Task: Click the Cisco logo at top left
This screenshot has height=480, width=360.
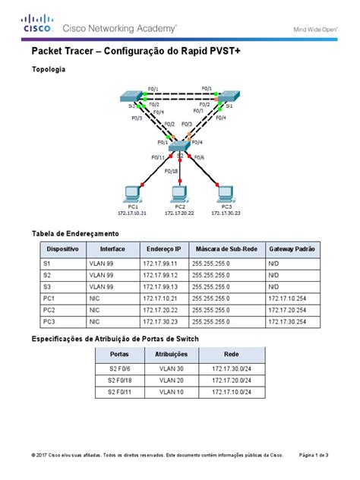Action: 37,25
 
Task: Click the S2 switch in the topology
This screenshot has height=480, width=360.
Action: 179,146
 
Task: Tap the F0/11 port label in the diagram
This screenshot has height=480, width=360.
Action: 158,157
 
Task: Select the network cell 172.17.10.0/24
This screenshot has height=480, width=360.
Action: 232,392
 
